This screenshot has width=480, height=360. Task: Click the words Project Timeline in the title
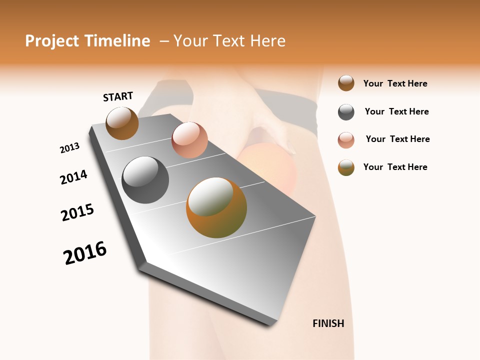point(87,41)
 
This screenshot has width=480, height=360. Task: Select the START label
point(118,96)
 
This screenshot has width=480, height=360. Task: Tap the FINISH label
point(328,323)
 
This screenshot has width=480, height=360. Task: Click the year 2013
point(69,148)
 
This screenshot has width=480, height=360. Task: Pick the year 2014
point(73,177)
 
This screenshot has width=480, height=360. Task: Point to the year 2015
point(77,212)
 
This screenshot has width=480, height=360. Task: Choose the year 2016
point(85,253)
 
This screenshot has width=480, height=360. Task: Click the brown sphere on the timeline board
point(122,123)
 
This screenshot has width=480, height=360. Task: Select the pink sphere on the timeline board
point(189,139)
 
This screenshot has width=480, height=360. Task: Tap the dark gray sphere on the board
point(145,179)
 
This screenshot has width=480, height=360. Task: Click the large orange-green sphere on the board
point(216,207)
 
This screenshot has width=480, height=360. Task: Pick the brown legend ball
point(346,83)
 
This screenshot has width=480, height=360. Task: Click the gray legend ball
point(346,112)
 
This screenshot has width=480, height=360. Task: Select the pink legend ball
point(346,140)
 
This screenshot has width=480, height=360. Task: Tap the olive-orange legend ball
point(346,167)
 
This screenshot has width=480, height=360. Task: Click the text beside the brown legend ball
point(395,83)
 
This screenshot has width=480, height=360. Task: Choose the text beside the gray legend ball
point(397,111)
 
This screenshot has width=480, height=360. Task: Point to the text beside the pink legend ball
point(398,139)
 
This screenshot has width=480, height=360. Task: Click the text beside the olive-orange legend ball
point(395,167)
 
